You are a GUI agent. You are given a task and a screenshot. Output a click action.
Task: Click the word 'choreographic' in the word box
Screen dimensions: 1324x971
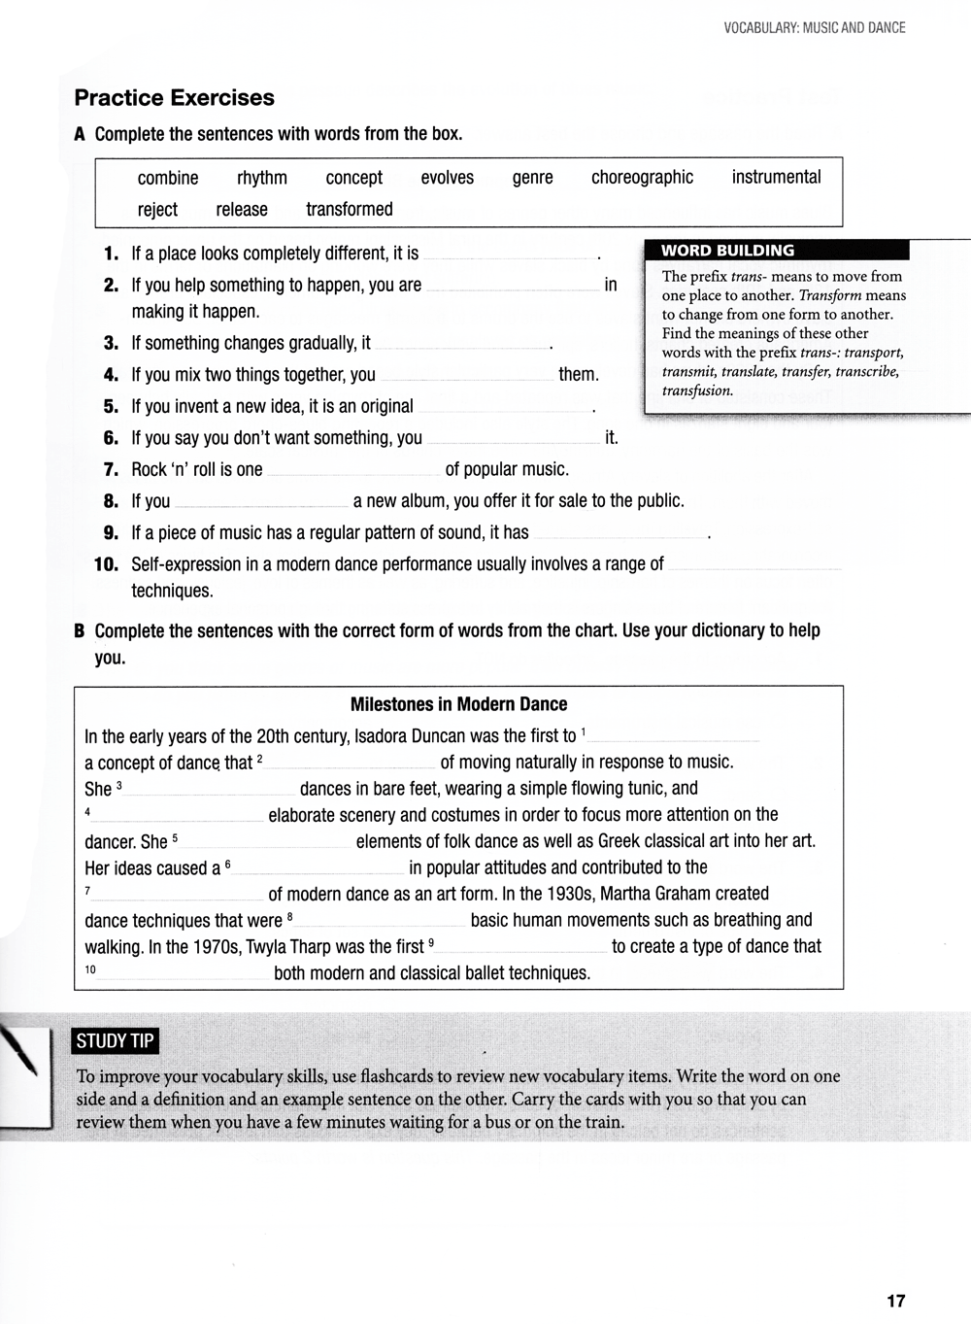[642, 178]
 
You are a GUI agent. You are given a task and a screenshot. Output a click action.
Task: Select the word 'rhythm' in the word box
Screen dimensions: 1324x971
[262, 178]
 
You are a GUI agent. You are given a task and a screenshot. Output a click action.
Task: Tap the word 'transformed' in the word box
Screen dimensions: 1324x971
[349, 210]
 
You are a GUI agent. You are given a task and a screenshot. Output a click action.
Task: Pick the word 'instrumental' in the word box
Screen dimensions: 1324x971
[776, 177]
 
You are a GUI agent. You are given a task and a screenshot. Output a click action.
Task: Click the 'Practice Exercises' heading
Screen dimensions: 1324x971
[174, 98]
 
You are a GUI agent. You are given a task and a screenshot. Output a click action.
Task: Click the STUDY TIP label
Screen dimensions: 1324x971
[115, 1041]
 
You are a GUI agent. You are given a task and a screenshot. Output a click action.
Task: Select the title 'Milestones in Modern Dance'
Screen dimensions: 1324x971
[458, 704]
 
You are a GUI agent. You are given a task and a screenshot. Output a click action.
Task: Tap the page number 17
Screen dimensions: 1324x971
[895, 1301]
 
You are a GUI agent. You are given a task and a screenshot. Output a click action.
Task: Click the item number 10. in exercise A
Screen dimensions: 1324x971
[106, 564]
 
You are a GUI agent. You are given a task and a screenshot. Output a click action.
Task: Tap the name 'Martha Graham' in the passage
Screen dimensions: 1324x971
[615, 894]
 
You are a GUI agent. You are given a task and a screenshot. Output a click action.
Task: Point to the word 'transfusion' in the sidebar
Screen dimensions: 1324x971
[696, 391]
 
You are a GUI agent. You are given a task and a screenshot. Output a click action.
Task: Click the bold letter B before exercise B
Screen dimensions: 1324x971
[80, 631]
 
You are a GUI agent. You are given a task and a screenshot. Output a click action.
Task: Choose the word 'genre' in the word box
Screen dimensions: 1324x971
[532, 178]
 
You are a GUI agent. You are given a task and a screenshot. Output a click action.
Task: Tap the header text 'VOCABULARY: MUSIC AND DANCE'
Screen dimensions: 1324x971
[814, 28]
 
